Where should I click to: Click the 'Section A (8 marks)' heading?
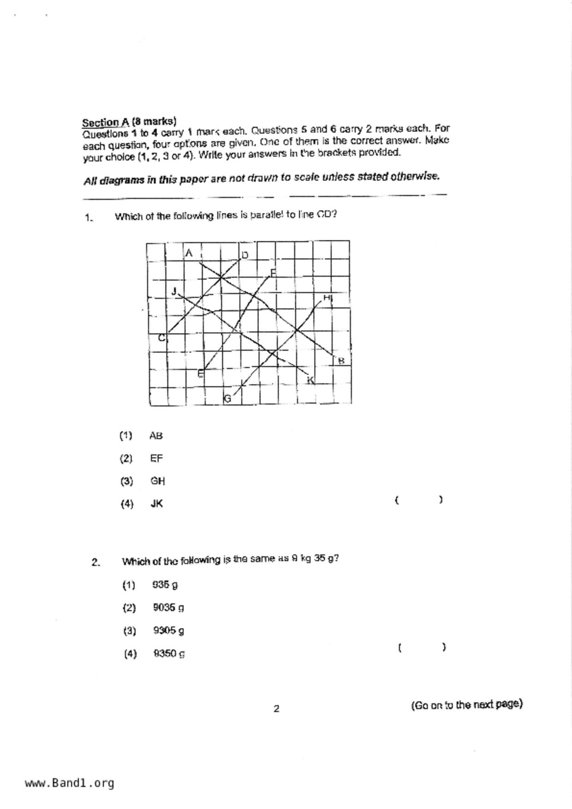click(129, 122)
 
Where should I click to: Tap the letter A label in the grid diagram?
click(189, 253)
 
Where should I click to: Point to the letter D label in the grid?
click(245, 255)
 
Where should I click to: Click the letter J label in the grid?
click(174, 291)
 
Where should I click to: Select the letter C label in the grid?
click(162, 338)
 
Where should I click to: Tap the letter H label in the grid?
click(327, 298)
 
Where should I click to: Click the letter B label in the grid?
click(341, 361)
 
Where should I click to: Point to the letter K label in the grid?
click(311, 380)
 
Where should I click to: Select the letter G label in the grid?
click(227, 399)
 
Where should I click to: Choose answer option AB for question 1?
click(156, 435)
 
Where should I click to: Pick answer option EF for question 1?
click(157, 458)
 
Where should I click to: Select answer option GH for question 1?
click(157, 481)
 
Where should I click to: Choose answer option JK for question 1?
click(157, 504)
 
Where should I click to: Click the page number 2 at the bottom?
click(276, 709)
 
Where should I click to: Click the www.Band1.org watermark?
click(70, 783)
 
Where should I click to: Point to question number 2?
click(96, 562)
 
